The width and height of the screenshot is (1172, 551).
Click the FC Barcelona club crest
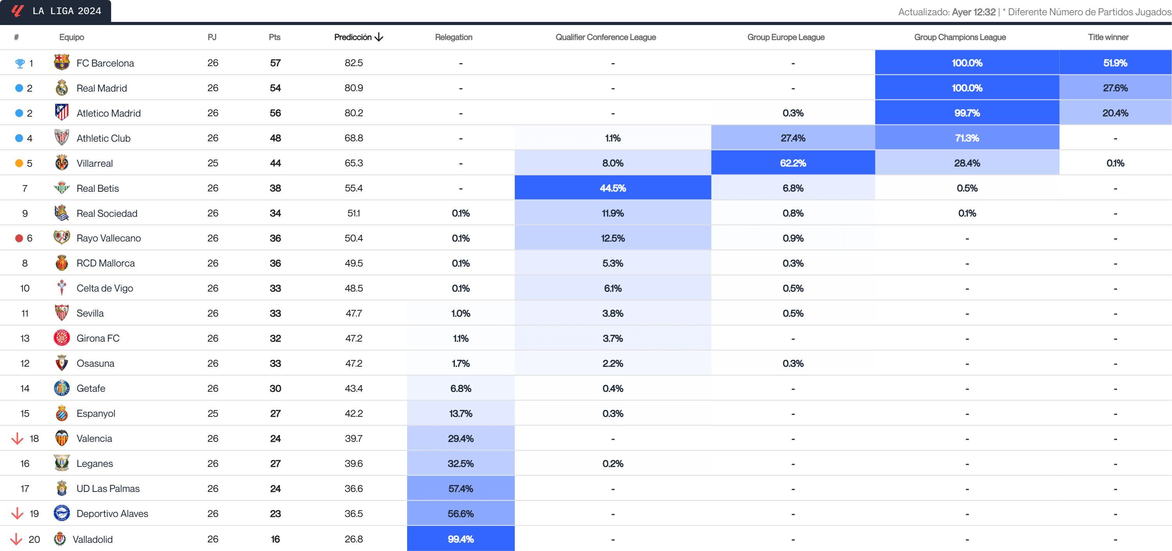coord(61,62)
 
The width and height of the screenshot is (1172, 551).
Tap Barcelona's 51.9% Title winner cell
coord(1115,63)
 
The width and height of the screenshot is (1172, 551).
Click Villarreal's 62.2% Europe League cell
coord(793,163)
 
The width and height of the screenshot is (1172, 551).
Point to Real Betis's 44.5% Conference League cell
coord(612,188)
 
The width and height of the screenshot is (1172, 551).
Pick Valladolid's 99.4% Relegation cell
coord(460,539)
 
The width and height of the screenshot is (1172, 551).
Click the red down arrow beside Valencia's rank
coord(17,438)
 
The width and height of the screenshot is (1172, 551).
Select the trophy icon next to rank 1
coord(20,63)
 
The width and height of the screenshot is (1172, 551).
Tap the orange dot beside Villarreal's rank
coord(19,163)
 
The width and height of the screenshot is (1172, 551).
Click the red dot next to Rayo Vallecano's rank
coord(19,238)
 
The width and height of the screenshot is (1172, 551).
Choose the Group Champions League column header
coord(959,37)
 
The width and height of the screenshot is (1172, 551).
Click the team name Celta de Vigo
coord(105,288)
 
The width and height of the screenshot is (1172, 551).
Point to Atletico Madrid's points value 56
coord(275,113)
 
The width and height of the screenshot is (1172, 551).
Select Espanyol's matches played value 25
coord(213,413)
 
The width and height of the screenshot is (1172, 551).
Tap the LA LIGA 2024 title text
coord(67,11)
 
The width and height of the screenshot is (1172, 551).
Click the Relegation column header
coord(453,37)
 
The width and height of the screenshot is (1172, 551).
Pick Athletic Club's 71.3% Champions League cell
coord(966,138)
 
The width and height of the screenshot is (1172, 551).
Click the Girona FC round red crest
coord(61,338)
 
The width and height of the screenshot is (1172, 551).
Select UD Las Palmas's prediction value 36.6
coord(353,488)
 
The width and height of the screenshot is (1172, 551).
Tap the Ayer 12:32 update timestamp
coord(973,12)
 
